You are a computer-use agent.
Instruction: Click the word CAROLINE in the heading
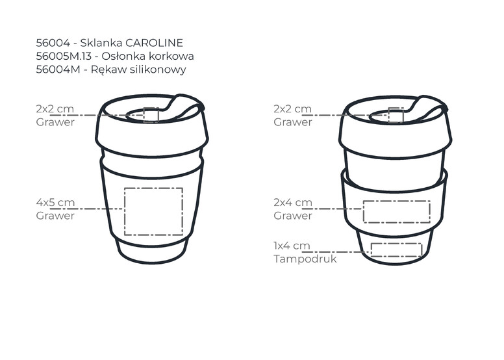154,43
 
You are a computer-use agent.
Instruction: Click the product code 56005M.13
64,57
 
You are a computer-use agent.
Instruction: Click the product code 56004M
58,70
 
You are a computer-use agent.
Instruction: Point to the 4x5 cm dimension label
55,202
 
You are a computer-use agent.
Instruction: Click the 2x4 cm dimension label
293,202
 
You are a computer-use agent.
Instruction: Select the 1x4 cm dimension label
292,246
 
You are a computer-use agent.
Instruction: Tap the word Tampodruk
305,259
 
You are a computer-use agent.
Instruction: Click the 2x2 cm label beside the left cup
55,109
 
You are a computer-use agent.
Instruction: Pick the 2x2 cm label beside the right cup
292,109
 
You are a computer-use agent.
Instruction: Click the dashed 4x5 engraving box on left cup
154,211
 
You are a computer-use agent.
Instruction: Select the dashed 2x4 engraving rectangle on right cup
397,212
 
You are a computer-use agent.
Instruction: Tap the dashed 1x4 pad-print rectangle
396,250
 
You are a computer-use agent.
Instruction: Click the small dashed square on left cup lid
151,115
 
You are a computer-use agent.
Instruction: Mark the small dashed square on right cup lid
396,115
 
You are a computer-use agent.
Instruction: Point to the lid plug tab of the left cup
185,107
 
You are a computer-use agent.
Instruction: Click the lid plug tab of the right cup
429,108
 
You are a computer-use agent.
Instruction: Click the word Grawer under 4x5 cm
55,216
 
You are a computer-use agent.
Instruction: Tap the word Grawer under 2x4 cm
293,216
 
